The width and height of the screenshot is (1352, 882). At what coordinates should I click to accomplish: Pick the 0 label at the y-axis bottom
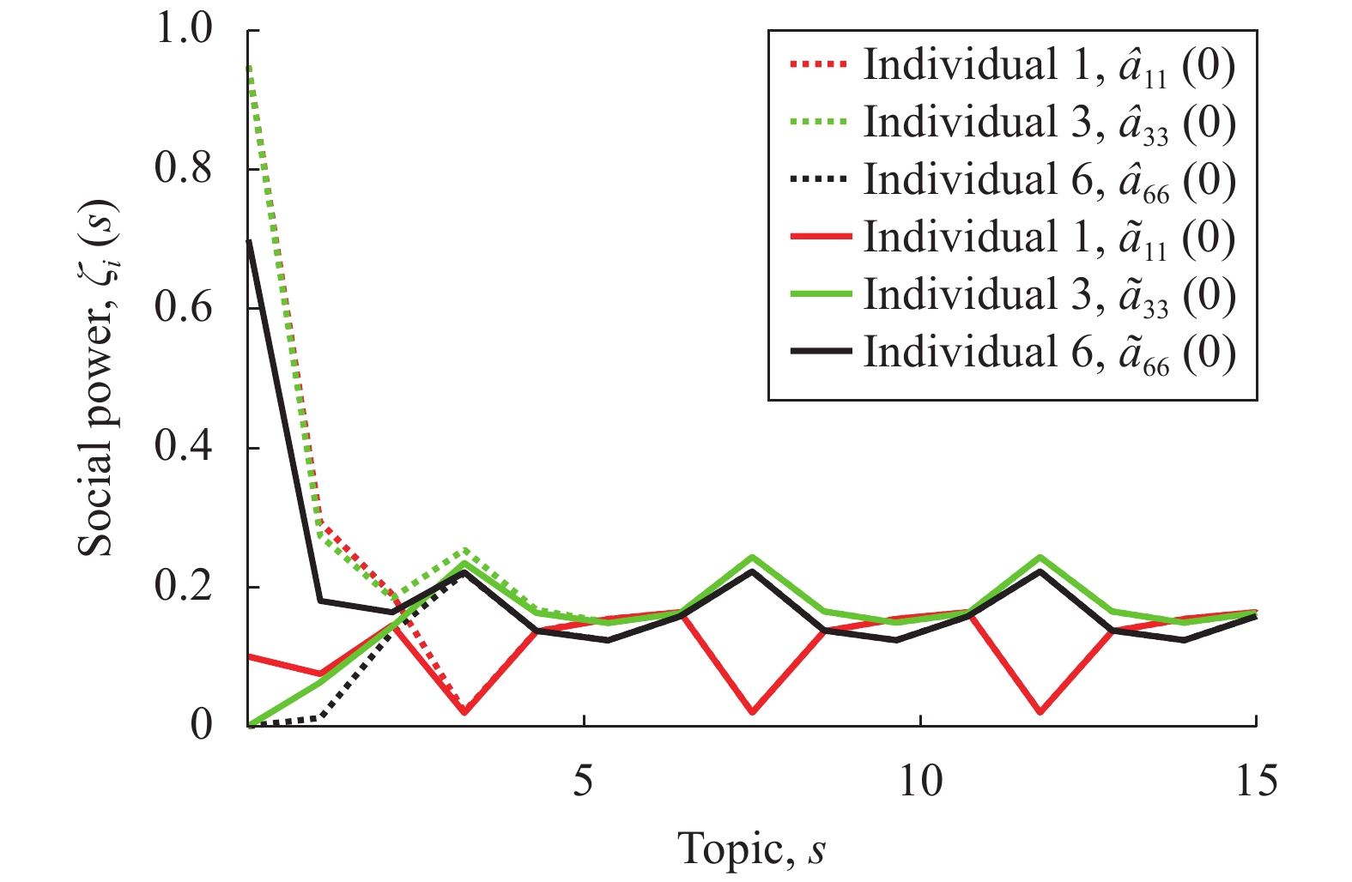202,726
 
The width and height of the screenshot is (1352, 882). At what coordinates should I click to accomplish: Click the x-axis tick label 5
584,781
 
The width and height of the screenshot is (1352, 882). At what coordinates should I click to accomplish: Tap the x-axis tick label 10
920,781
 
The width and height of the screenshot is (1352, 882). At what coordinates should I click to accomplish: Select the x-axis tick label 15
1256,781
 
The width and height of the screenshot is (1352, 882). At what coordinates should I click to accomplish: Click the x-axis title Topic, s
752,849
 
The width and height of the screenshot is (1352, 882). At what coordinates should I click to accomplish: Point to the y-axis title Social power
96,378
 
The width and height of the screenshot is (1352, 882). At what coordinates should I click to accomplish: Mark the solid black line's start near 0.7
249,241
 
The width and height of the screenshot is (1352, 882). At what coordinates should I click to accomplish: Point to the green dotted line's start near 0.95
249,67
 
